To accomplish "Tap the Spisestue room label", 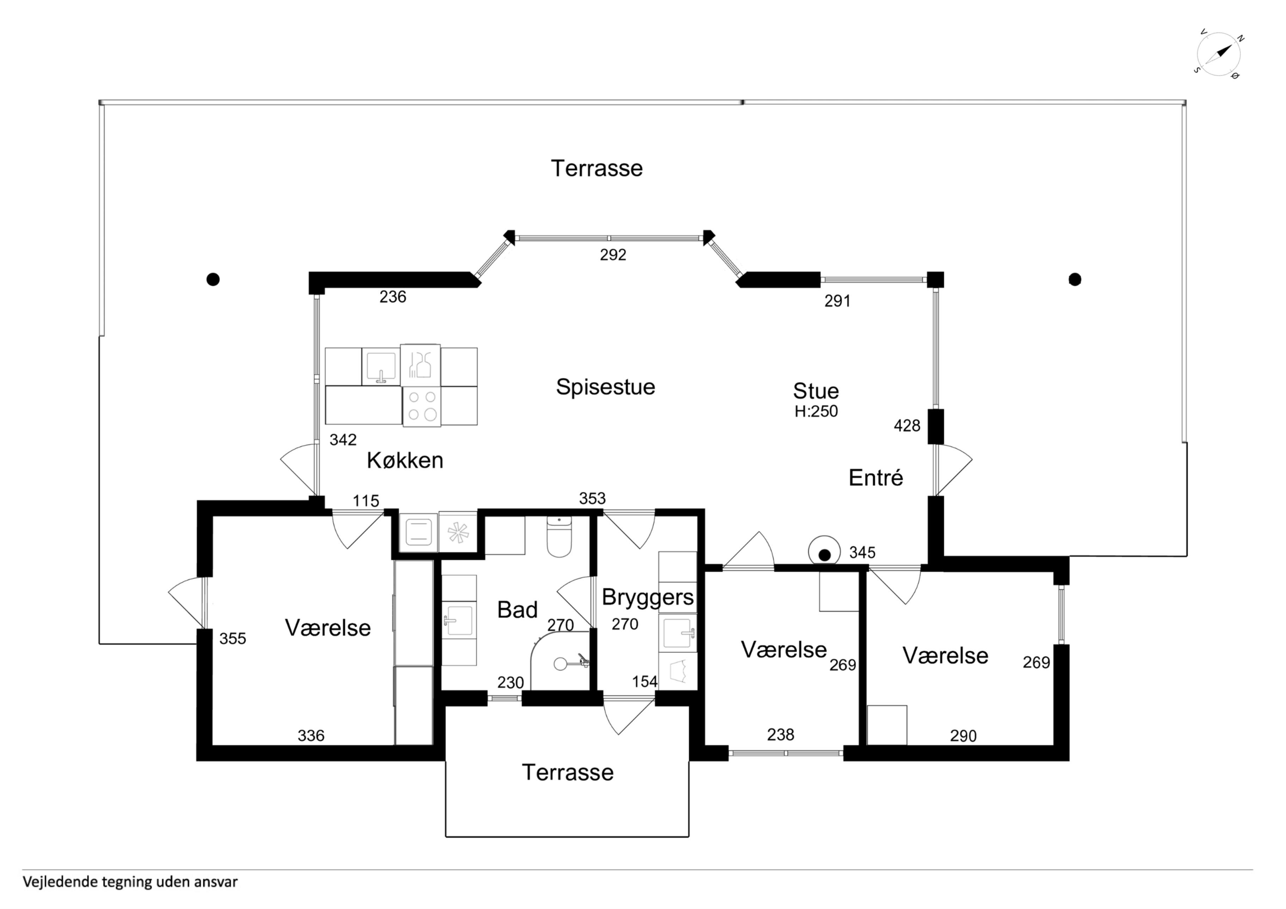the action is click(606, 387).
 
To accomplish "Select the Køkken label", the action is click(405, 460).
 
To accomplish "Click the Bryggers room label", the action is click(648, 597).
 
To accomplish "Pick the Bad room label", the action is click(517, 610).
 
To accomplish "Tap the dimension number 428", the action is click(907, 426).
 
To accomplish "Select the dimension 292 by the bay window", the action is click(613, 255).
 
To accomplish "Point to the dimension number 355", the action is click(232, 638).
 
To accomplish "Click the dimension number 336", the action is click(311, 735).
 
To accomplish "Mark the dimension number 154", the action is click(645, 682).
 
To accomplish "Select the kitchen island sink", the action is click(381, 366).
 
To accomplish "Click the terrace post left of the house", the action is click(213, 279).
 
